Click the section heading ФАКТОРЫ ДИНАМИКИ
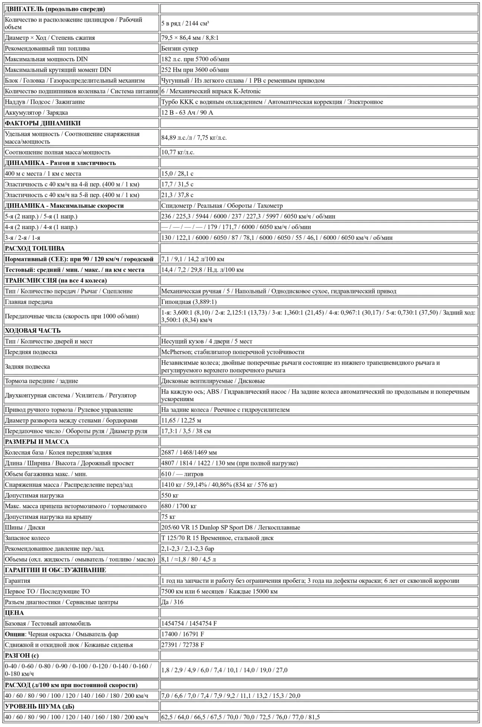coord(43,124)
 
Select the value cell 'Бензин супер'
coord(180,49)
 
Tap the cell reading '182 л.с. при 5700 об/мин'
coord(195,59)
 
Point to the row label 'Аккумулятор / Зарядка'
coord(36,113)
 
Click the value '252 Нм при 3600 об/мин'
coord(195,70)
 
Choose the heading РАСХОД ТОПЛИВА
coord(35,249)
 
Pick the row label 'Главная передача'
coord(29,302)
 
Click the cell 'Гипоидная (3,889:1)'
coord(189,302)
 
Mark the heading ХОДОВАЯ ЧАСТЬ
coord(33,331)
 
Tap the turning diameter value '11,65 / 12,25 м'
coord(181,420)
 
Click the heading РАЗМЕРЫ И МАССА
coord(37,442)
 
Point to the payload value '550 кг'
coord(170,496)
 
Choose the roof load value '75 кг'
coord(168,517)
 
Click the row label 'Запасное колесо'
coord(27,538)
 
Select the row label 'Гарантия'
coord(17,581)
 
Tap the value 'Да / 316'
coord(172,602)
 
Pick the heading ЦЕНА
coord(14,613)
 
